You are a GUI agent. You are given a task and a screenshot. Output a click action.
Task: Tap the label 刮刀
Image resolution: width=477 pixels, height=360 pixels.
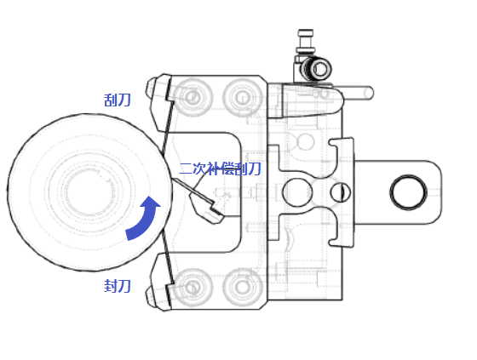point(118,100)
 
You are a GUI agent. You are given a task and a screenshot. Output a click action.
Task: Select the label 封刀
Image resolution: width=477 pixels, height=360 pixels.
point(118,286)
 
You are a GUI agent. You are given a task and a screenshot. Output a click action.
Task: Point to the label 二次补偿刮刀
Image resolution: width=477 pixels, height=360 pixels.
point(221,169)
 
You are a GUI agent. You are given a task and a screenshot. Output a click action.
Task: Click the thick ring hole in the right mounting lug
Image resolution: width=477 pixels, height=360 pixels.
point(409,192)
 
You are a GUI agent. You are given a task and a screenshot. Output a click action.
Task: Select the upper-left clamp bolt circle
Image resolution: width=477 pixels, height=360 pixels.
point(193,97)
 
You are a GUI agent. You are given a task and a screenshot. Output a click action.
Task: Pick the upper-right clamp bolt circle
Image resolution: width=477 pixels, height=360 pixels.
point(243,97)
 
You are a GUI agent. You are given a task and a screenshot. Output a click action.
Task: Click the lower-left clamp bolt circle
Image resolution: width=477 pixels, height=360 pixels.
point(193,287)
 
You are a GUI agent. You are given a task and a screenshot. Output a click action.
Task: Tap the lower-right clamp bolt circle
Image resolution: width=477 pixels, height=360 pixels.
point(243,287)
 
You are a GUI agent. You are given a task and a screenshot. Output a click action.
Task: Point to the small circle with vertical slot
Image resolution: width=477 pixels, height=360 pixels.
point(341,192)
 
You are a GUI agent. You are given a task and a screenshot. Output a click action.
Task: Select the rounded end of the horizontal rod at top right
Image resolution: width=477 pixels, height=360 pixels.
point(370,93)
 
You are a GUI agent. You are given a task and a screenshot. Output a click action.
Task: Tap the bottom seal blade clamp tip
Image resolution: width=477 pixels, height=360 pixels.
point(152,296)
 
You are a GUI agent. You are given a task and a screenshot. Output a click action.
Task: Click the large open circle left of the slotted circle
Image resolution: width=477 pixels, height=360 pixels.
point(297,192)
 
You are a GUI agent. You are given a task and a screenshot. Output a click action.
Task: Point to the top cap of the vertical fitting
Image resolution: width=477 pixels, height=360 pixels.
point(306,32)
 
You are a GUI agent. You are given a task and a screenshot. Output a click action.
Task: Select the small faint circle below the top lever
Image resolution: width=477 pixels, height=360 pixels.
point(305,141)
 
